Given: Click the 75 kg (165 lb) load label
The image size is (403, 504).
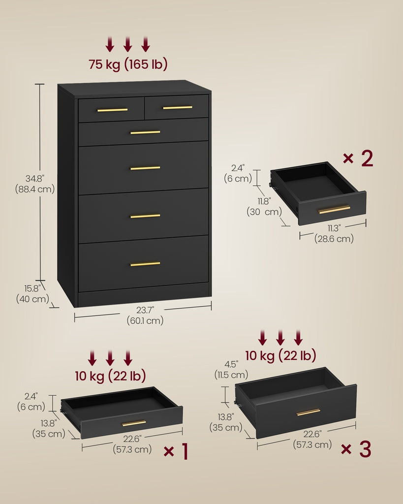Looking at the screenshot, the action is point(128,64).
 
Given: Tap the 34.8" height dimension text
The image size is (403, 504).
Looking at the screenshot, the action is point(35,178).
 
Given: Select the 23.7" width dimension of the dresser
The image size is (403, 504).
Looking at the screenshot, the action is point(145,310).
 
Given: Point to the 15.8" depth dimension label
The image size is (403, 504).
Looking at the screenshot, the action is point(32,288).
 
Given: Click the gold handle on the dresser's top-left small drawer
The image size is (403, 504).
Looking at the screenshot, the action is point(113,110).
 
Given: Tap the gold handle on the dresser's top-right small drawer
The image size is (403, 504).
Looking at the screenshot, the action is point(178,108).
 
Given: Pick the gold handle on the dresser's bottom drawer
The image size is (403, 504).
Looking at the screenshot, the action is point(145,264).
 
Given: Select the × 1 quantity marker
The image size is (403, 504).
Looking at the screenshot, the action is point(176,451).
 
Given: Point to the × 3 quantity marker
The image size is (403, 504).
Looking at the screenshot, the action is point(356,449).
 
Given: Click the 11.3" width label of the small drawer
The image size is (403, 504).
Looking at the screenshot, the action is point(334,228).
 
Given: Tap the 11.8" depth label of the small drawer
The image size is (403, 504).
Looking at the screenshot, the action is point(264,201).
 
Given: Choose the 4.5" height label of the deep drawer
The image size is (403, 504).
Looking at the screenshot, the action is point(231,364).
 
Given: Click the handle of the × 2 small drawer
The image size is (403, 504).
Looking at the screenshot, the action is point(334,210).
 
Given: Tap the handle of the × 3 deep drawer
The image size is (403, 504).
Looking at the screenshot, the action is point(308,412).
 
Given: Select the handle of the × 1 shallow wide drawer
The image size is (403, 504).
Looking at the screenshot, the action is point(134,423).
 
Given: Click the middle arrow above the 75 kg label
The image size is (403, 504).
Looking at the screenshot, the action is point(128,45).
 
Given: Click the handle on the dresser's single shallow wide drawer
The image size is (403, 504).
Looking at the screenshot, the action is point(145,132).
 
